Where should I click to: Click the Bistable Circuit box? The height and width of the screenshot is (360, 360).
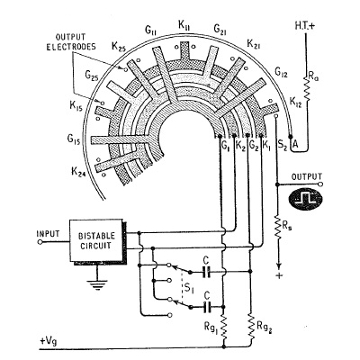(x=97, y=241)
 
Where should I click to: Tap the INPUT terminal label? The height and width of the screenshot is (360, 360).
(x=48, y=233)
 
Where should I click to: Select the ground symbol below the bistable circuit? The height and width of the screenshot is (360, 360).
(x=97, y=284)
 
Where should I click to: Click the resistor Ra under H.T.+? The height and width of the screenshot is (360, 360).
(x=306, y=87)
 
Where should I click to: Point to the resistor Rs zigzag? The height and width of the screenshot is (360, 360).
(x=278, y=227)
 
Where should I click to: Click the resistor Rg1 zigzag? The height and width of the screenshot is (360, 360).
(x=223, y=328)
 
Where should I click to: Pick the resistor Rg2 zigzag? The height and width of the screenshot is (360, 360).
(x=251, y=328)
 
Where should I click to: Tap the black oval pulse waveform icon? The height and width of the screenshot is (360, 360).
(x=305, y=199)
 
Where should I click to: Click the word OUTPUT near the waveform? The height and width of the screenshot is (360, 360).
(x=307, y=176)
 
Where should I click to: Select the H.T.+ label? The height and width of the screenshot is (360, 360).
(x=305, y=26)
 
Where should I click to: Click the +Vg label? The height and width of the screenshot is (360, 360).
(x=48, y=341)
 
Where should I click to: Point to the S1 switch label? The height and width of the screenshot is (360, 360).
(x=189, y=288)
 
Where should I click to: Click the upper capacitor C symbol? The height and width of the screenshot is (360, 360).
(x=206, y=272)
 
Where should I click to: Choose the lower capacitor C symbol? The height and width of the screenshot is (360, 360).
(x=206, y=307)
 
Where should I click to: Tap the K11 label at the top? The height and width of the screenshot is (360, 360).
(x=184, y=25)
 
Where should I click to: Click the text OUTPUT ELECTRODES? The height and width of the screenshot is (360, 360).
(x=71, y=42)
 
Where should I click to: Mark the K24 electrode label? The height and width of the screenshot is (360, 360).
(x=78, y=172)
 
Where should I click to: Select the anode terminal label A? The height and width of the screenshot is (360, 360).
(x=295, y=145)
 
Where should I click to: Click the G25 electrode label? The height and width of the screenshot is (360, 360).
(x=92, y=75)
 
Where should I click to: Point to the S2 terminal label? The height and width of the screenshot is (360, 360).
(x=283, y=145)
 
